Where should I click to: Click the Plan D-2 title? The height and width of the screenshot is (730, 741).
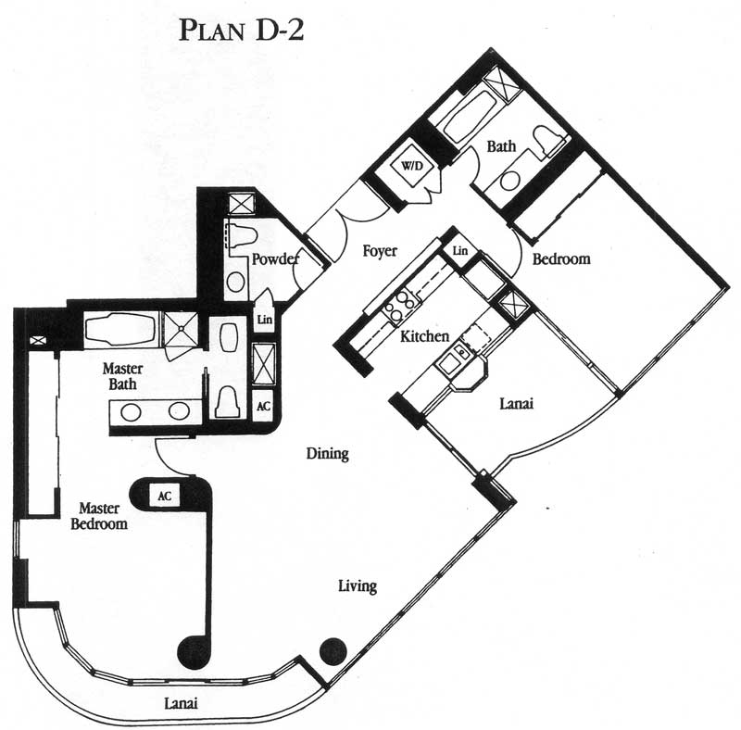[x=241, y=30]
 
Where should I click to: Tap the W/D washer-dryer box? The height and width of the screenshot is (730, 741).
[x=412, y=166]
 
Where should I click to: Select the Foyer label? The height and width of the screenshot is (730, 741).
[x=380, y=250]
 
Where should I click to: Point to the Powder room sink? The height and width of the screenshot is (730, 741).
[x=236, y=283]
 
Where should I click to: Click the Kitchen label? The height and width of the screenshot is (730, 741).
[x=424, y=336]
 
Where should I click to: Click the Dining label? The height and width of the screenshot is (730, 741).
[x=328, y=453]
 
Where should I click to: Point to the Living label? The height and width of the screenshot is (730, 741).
[x=358, y=586]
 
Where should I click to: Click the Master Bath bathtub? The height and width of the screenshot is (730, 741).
[x=120, y=329]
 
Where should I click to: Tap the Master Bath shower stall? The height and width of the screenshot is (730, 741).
[x=180, y=329]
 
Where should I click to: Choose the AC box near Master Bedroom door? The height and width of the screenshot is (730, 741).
[x=164, y=496]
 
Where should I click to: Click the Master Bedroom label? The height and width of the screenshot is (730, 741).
[x=99, y=516]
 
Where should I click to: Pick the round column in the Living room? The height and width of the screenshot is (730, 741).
[x=333, y=652]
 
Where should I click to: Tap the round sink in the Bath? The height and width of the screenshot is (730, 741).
[x=510, y=180]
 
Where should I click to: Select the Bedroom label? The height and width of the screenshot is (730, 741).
[x=561, y=259]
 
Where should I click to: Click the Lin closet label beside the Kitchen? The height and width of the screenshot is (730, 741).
[x=459, y=250]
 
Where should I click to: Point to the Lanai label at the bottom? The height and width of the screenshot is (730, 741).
[x=181, y=703]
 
